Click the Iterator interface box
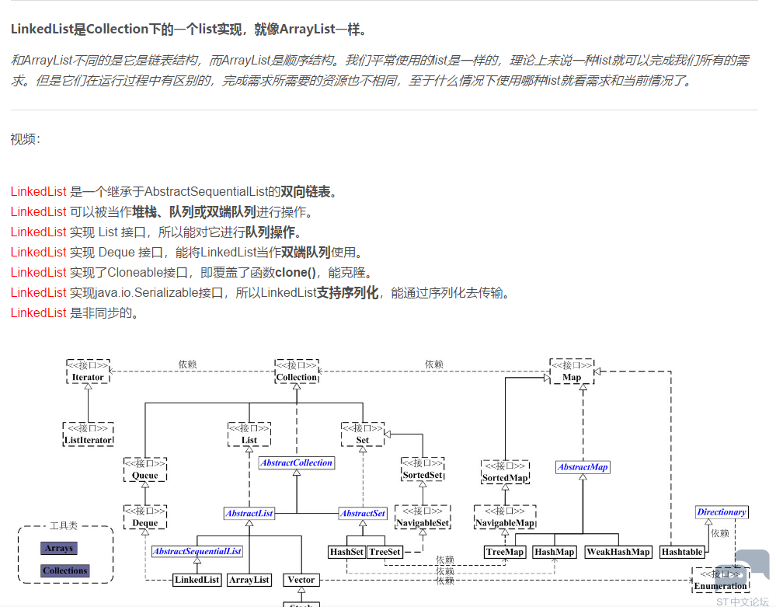pyautogui.click(x=88, y=372)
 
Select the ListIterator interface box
pyautogui.click(x=88, y=434)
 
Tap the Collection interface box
pyautogui.click(x=297, y=372)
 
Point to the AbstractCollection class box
pyautogui.click(x=297, y=462)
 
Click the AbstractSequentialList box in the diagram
pyautogui.click(x=197, y=551)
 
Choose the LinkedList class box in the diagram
pyautogui.click(x=197, y=580)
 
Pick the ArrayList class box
pyautogui.click(x=249, y=580)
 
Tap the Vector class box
pyautogui.click(x=301, y=580)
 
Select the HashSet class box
pyautogui.click(x=347, y=552)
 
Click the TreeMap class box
pyautogui.click(x=505, y=552)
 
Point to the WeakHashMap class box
pyautogui.click(x=618, y=552)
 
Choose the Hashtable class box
pyautogui.click(x=682, y=552)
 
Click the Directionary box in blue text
pyautogui.click(x=722, y=512)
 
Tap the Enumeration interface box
pyautogui.click(x=721, y=581)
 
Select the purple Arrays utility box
pyautogui.click(x=59, y=548)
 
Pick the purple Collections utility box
pyautogui.click(x=64, y=570)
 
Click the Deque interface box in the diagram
pyautogui.click(x=145, y=517)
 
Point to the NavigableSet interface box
pyautogui.click(x=423, y=517)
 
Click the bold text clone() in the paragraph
pyautogui.click(x=295, y=272)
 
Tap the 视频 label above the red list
pyautogui.click(x=25, y=139)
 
